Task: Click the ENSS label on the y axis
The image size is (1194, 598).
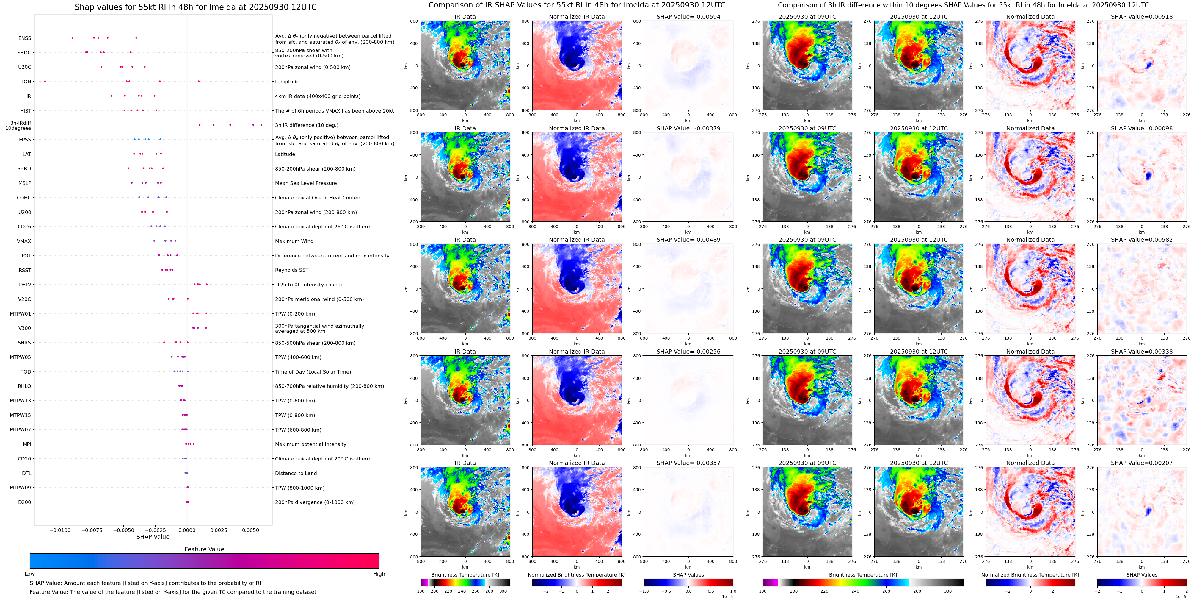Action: click(x=25, y=38)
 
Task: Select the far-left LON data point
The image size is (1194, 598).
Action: click(x=45, y=81)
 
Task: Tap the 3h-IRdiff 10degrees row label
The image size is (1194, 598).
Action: click(x=18, y=126)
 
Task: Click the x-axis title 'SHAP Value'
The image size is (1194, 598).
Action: click(x=153, y=537)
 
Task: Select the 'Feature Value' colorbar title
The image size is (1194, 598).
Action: click(x=204, y=549)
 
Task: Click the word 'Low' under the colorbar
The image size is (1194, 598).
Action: click(x=30, y=574)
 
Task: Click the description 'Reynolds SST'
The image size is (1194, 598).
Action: click(x=291, y=270)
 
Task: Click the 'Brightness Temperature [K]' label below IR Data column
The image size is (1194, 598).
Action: click(x=465, y=575)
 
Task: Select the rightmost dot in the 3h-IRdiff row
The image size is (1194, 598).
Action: click(x=261, y=125)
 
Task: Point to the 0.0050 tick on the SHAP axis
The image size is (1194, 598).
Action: click(x=250, y=530)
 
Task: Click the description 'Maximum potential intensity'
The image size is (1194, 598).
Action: click(x=310, y=444)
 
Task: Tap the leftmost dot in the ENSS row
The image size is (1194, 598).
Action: click(x=72, y=38)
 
